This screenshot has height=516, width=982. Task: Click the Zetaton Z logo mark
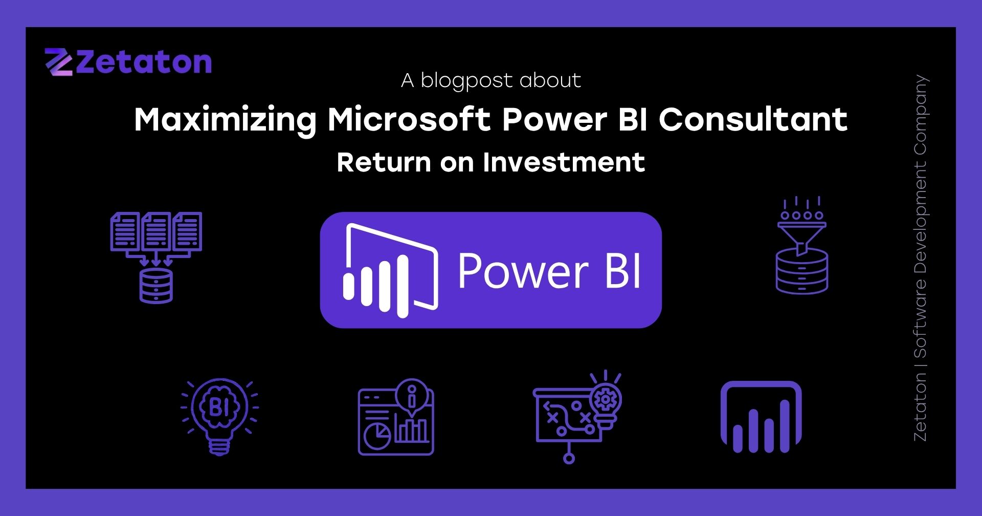pyautogui.click(x=58, y=62)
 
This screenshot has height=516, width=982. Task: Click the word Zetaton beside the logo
pyautogui.click(x=144, y=62)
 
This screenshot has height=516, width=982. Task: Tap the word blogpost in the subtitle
pyautogui.click(x=466, y=81)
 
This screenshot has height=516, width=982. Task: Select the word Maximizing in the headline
pyautogui.click(x=226, y=120)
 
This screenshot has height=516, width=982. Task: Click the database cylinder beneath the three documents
pyautogui.click(x=156, y=286)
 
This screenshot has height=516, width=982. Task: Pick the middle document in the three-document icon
pyautogui.click(x=156, y=231)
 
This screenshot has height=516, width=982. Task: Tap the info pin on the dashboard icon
pyautogui.click(x=412, y=395)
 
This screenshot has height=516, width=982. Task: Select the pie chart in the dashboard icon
pyautogui.click(x=377, y=435)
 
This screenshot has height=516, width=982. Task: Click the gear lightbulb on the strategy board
pyautogui.click(x=606, y=402)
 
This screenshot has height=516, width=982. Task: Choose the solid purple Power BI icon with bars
pyautogui.click(x=761, y=417)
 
